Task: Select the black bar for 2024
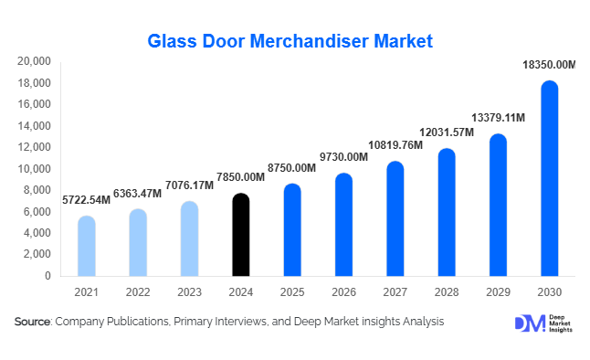click(x=240, y=235)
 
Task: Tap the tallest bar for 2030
click(x=550, y=179)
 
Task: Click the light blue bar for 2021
click(x=86, y=247)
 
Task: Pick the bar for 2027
click(x=395, y=219)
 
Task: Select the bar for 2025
click(x=292, y=230)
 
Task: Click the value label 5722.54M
click(x=86, y=199)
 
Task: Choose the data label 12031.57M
click(x=446, y=132)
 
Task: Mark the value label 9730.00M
click(x=343, y=157)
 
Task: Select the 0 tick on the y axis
click(x=48, y=276)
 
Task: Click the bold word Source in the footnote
click(x=33, y=322)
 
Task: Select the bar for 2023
click(x=189, y=239)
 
